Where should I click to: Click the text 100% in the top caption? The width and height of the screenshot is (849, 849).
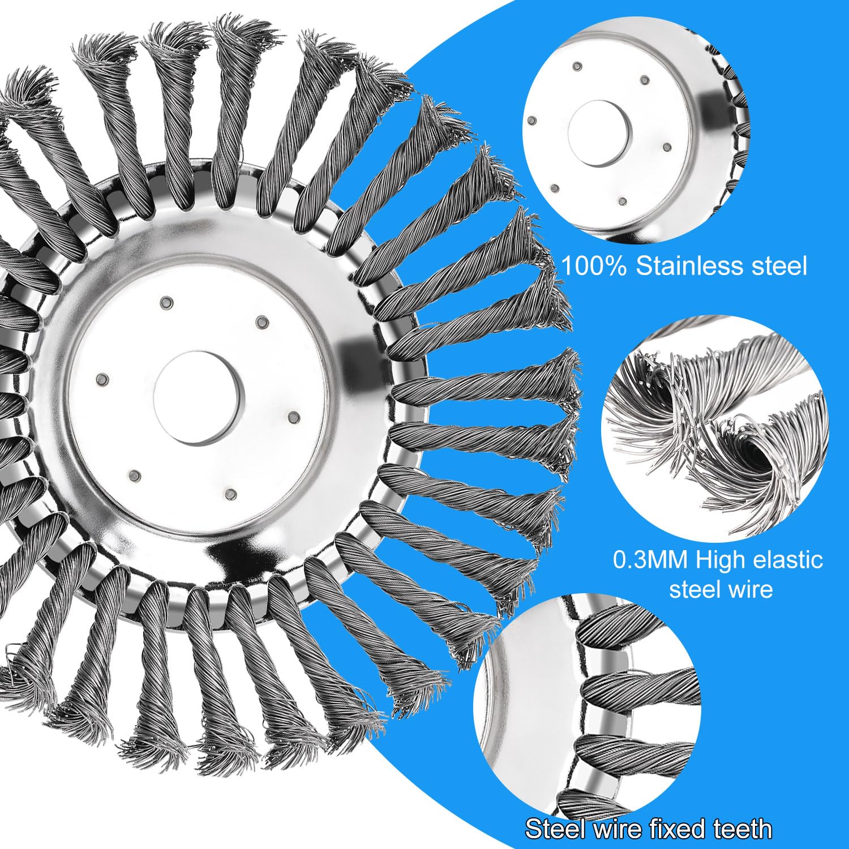click(x=594, y=265)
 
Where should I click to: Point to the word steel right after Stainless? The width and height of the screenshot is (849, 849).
click(x=779, y=265)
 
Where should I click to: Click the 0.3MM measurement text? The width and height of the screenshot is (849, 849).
click(x=650, y=560)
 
